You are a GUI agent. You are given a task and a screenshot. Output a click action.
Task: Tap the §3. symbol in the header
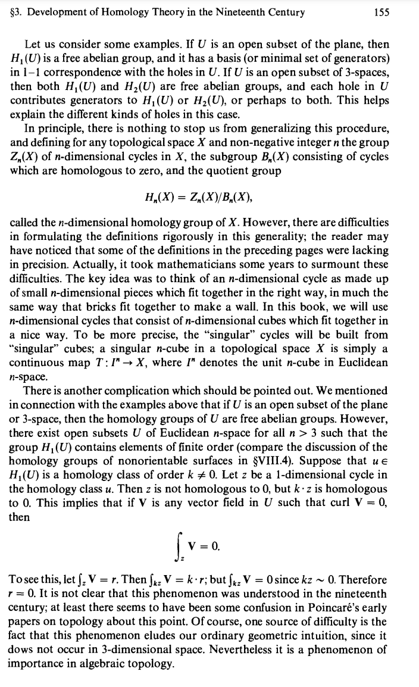click(x=17, y=12)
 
